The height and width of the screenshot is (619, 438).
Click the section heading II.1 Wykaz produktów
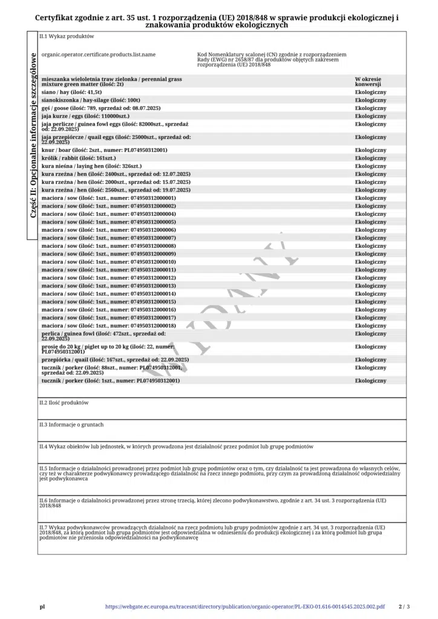pyautogui.click(x=67, y=36)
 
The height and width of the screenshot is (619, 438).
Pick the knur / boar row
pyautogui.click(x=104, y=150)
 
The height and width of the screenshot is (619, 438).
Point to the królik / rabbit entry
pyautogui.click(x=79, y=158)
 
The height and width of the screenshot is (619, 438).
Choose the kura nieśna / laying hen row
pyautogui.click(x=91, y=166)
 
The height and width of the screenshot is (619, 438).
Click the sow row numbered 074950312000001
pyautogui.click(x=109, y=198)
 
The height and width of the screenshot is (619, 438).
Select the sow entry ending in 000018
pyautogui.click(x=109, y=326)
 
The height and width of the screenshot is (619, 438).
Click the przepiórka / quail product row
pyautogui.click(x=115, y=360)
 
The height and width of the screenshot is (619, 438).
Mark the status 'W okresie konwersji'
pyautogui.click(x=368, y=82)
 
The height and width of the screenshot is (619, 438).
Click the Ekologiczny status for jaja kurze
pyautogui.click(x=370, y=115)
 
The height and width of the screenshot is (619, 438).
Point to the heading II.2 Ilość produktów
pyautogui.click(x=64, y=403)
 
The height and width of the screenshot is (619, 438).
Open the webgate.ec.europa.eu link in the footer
pyautogui.click(x=244, y=606)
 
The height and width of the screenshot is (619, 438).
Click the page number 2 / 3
pyautogui.click(x=404, y=606)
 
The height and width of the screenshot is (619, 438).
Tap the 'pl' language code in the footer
pyautogui.click(x=42, y=606)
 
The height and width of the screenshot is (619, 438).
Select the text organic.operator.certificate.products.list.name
pyautogui.click(x=99, y=55)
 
